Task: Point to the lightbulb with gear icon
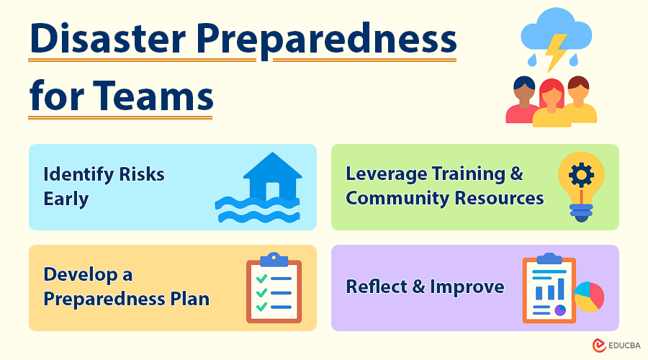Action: coord(581,185)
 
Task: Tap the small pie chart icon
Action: coord(589,296)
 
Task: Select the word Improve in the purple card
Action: coord(467,287)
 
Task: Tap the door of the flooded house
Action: coord(272,192)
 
